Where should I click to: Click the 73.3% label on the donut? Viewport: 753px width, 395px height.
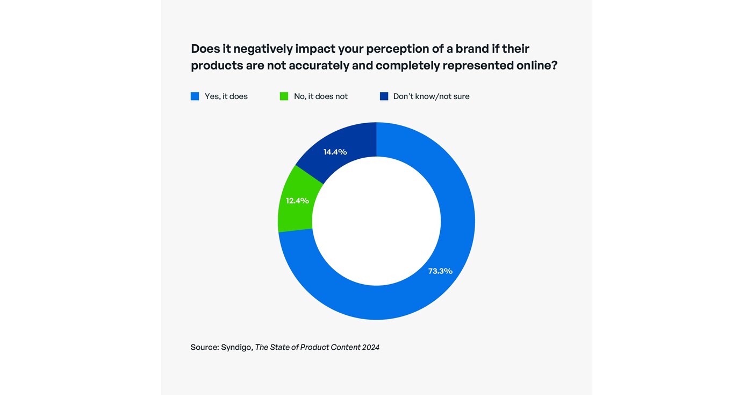tap(440, 271)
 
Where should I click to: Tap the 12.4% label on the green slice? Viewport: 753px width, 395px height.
tap(297, 201)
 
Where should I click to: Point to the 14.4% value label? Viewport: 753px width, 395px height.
tap(335, 152)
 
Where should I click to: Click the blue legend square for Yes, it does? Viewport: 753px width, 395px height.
tap(195, 96)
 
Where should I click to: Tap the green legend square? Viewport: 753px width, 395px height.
tap(284, 96)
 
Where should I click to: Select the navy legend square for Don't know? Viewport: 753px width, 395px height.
tap(384, 96)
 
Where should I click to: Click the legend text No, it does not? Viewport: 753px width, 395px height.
tap(320, 96)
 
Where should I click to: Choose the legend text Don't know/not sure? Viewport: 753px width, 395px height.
tap(431, 96)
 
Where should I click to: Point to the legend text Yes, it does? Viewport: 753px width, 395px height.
tap(226, 96)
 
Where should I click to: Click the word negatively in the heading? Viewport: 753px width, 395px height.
tap(262, 49)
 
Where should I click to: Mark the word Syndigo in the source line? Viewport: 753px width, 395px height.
tap(236, 348)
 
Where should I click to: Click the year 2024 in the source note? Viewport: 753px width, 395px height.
tap(370, 348)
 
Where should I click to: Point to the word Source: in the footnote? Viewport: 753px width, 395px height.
tap(204, 348)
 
